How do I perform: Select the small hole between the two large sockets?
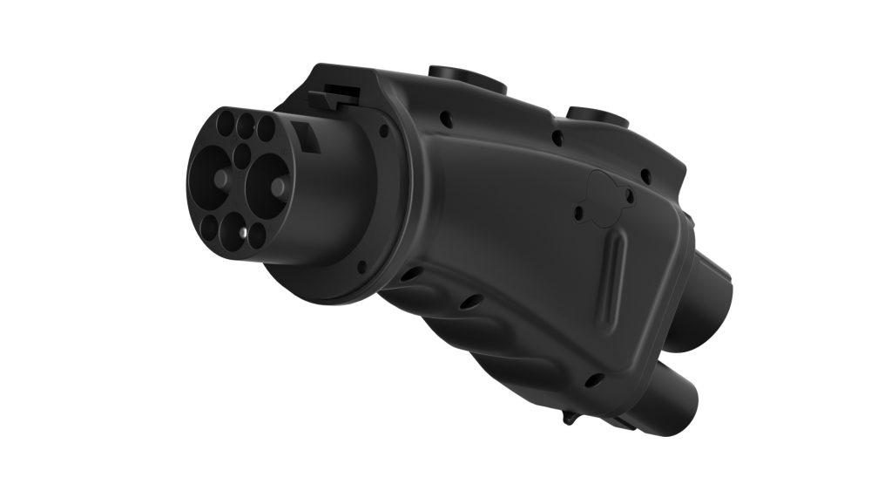(x=243, y=156)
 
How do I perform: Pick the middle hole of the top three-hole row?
(x=246, y=121)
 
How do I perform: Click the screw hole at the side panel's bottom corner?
(x=595, y=379)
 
